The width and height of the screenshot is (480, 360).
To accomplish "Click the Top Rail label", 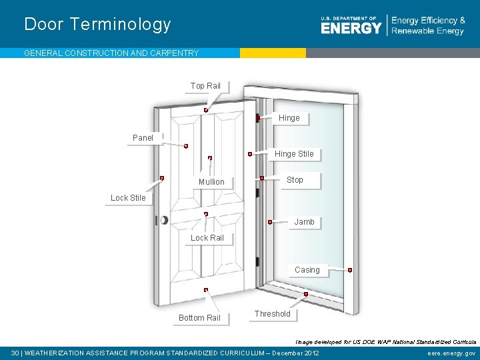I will point(205,86).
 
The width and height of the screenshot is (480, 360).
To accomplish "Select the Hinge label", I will point(289,118).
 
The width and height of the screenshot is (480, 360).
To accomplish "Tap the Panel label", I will point(143,138).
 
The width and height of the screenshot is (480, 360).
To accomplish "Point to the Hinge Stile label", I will point(293,154).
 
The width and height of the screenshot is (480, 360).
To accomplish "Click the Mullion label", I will point(211,182).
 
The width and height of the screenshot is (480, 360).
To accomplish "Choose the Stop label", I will point(295,180).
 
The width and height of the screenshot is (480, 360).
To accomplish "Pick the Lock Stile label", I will point(128,198).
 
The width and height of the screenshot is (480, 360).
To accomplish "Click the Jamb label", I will point(304,222).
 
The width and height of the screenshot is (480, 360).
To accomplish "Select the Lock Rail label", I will point(207,238).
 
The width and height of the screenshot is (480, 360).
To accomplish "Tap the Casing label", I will point(307,270).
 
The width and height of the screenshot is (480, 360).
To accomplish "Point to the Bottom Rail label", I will point(199,318).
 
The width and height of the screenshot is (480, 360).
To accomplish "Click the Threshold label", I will point(272,314).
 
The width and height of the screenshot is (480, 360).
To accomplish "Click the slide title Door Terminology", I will point(97,25).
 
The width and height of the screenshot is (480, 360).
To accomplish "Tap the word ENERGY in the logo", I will point(351,28).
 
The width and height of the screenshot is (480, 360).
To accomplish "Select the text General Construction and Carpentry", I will point(111,53).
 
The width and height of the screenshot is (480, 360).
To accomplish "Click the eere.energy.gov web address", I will point(451,353).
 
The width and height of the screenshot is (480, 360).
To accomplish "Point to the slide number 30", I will point(15,353).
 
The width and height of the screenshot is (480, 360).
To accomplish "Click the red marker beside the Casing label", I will point(350,270).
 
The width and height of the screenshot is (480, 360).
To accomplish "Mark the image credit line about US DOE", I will point(384,341).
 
